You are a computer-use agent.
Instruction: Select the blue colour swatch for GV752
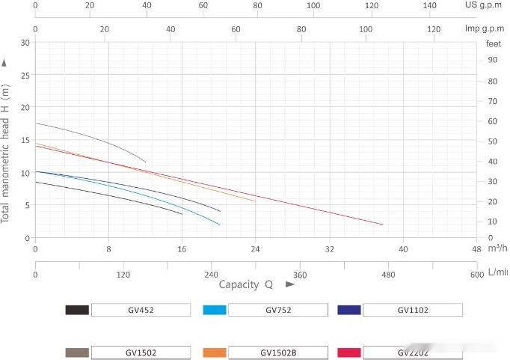click(x=214, y=310)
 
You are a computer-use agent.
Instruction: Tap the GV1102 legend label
click(x=412, y=310)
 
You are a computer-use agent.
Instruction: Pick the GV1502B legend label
click(x=277, y=352)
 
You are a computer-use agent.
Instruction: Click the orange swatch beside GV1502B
click(x=214, y=352)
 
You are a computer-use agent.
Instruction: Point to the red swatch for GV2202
click(x=349, y=352)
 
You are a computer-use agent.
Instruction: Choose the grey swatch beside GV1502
click(x=77, y=352)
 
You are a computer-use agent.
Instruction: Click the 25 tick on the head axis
click(x=25, y=76)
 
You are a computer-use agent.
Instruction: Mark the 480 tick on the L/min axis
click(x=388, y=274)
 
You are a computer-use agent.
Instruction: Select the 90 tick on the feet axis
click(x=493, y=60)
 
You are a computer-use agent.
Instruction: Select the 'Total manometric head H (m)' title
click(x=6, y=153)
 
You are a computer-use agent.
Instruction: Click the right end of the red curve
click(x=383, y=225)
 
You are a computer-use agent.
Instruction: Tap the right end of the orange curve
click(x=255, y=201)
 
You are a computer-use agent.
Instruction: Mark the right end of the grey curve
click(x=145, y=162)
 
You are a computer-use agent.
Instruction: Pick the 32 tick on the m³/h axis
click(x=329, y=248)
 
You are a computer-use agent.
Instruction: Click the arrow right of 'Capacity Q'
click(x=290, y=284)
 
